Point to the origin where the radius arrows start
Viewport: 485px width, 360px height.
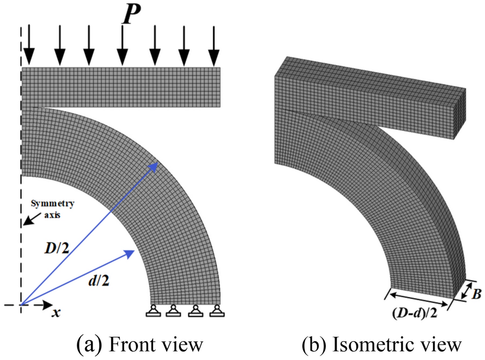pos(21,305)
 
